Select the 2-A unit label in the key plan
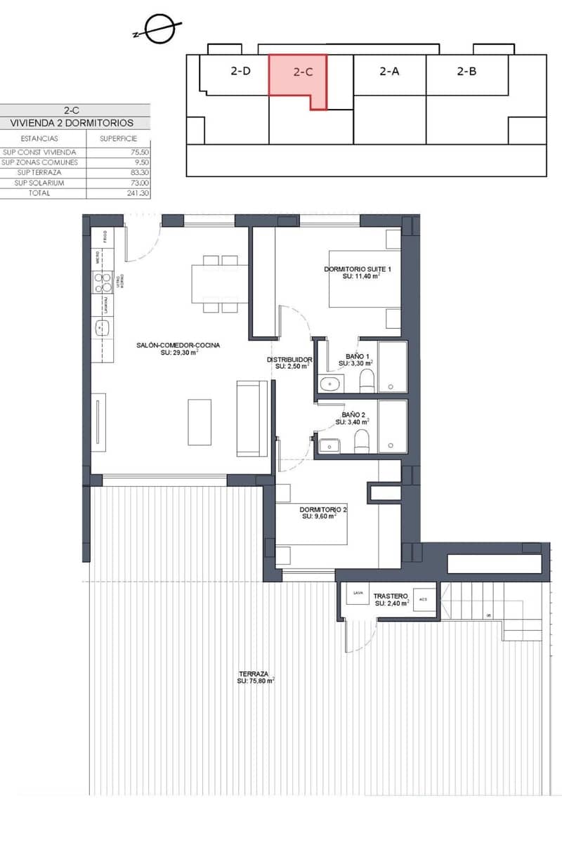(x=389, y=71)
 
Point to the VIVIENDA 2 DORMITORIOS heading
(x=72, y=122)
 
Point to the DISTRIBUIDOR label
(x=289, y=362)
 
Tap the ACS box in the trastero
(x=423, y=599)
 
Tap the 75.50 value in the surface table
(x=140, y=152)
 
